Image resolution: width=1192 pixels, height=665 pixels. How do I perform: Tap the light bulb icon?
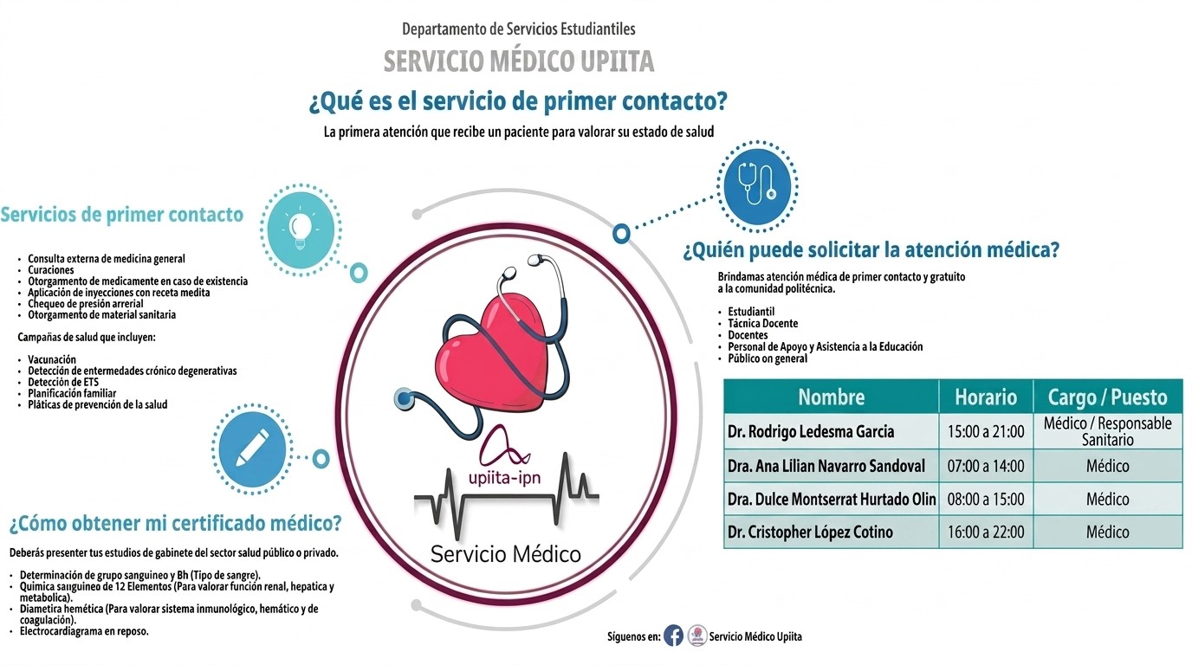click(301, 229)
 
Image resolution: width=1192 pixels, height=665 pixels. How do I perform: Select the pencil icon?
click(252, 449)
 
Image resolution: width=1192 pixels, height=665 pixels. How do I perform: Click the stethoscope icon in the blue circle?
click(757, 184)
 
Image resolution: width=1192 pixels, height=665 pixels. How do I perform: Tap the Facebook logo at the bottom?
click(673, 636)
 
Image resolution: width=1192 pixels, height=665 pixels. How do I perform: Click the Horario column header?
click(986, 397)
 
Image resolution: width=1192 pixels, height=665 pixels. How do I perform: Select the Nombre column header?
click(832, 397)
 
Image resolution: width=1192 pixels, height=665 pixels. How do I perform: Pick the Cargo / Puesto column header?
click(1107, 397)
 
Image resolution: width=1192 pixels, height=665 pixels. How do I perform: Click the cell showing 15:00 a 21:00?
click(986, 431)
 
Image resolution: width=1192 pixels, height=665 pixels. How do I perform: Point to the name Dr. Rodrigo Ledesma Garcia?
click(811, 431)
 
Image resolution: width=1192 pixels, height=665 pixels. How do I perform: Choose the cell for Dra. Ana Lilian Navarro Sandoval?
click(826, 466)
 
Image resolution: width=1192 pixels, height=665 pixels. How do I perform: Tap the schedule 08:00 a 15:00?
click(986, 499)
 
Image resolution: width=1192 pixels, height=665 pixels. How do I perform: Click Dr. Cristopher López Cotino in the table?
click(810, 532)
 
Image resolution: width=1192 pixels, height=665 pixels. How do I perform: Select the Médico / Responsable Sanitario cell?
click(1107, 431)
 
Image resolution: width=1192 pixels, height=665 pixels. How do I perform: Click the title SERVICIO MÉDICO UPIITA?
click(519, 61)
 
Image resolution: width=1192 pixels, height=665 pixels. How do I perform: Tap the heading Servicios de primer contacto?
click(122, 215)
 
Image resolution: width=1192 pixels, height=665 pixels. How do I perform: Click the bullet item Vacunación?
click(52, 359)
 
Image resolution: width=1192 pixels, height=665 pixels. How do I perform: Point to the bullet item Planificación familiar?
click(72, 393)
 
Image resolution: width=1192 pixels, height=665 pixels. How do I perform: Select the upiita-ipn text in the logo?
click(504, 477)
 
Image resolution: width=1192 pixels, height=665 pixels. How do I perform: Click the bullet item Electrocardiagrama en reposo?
click(84, 631)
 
